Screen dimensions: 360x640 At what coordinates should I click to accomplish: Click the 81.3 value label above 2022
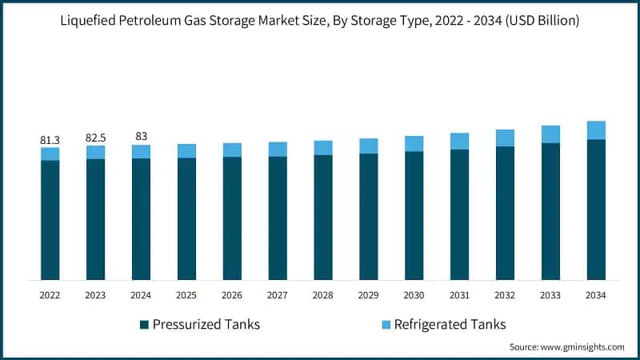tap(50, 140)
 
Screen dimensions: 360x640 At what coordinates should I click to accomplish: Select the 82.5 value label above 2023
tap(95, 138)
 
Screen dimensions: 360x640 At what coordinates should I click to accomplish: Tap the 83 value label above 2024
tap(141, 137)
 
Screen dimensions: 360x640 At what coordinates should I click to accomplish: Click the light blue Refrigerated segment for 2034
tap(596, 130)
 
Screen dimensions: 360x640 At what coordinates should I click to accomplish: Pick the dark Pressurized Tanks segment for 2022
tap(50, 220)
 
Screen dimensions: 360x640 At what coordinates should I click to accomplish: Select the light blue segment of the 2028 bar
tap(323, 148)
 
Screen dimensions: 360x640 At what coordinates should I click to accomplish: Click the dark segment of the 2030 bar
tap(414, 215)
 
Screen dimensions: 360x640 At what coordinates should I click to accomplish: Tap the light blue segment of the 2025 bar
tap(186, 151)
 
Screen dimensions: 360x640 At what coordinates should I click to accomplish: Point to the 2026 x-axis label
tap(232, 295)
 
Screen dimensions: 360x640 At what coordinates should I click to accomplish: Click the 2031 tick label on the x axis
tap(459, 295)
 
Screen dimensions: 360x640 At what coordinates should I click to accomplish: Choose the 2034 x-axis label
tap(596, 295)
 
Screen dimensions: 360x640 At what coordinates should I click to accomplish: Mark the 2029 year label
tap(369, 295)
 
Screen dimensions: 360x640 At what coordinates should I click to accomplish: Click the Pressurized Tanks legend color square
tap(144, 324)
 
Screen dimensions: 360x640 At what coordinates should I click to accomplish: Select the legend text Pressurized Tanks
tap(206, 324)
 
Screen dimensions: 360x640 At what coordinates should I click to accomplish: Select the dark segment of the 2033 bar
tap(550, 211)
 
